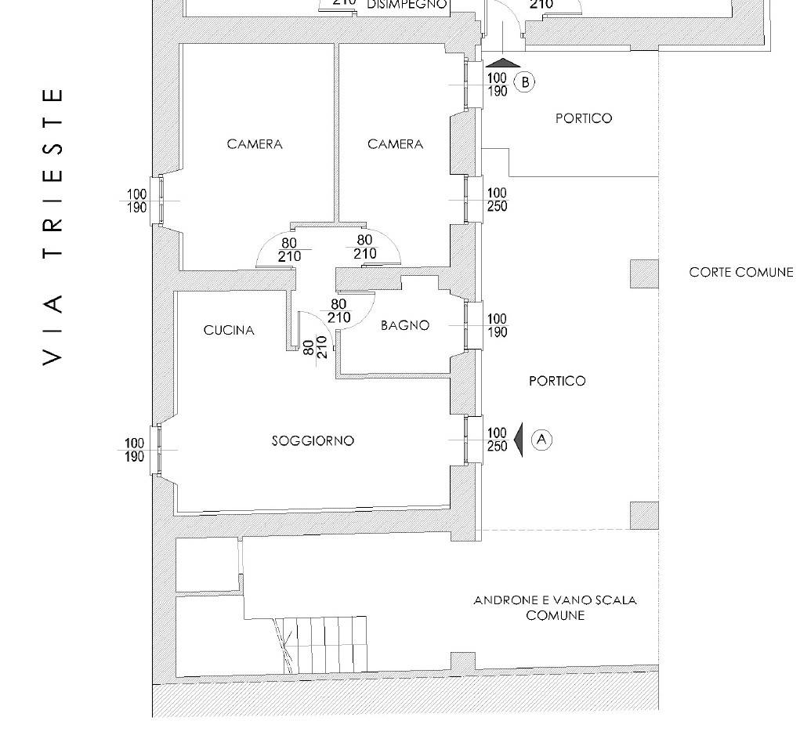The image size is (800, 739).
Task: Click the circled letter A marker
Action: [x=542, y=440]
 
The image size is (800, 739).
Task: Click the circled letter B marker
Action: [x=524, y=82]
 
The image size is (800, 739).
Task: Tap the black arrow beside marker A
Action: [x=519, y=440]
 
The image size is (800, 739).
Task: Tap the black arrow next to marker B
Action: [x=503, y=63]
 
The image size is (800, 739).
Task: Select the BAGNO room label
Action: [x=405, y=325]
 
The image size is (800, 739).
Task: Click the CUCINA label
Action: [x=229, y=330]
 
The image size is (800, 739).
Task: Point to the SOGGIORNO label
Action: [x=313, y=440]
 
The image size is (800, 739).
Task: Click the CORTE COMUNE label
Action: [x=740, y=272]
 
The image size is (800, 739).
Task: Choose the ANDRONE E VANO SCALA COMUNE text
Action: [x=555, y=607]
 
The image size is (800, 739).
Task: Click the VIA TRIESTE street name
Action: [x=53, y=227]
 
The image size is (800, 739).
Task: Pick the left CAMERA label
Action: [x=255, y=144]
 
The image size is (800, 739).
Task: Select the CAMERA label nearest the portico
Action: [x=396, y=144]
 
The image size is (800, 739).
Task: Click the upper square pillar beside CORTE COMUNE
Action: [x=644, y=274]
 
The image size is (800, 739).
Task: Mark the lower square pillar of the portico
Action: [x=644, y=516]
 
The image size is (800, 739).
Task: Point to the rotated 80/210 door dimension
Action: [x=315, y=347]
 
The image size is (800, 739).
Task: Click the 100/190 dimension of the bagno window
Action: [x=497, y=325]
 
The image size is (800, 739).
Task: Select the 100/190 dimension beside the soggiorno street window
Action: [x=135, y=450]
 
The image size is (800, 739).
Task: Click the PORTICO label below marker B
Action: [x=584, y=118]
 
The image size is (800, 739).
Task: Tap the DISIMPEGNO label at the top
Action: [x=407, y=5]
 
